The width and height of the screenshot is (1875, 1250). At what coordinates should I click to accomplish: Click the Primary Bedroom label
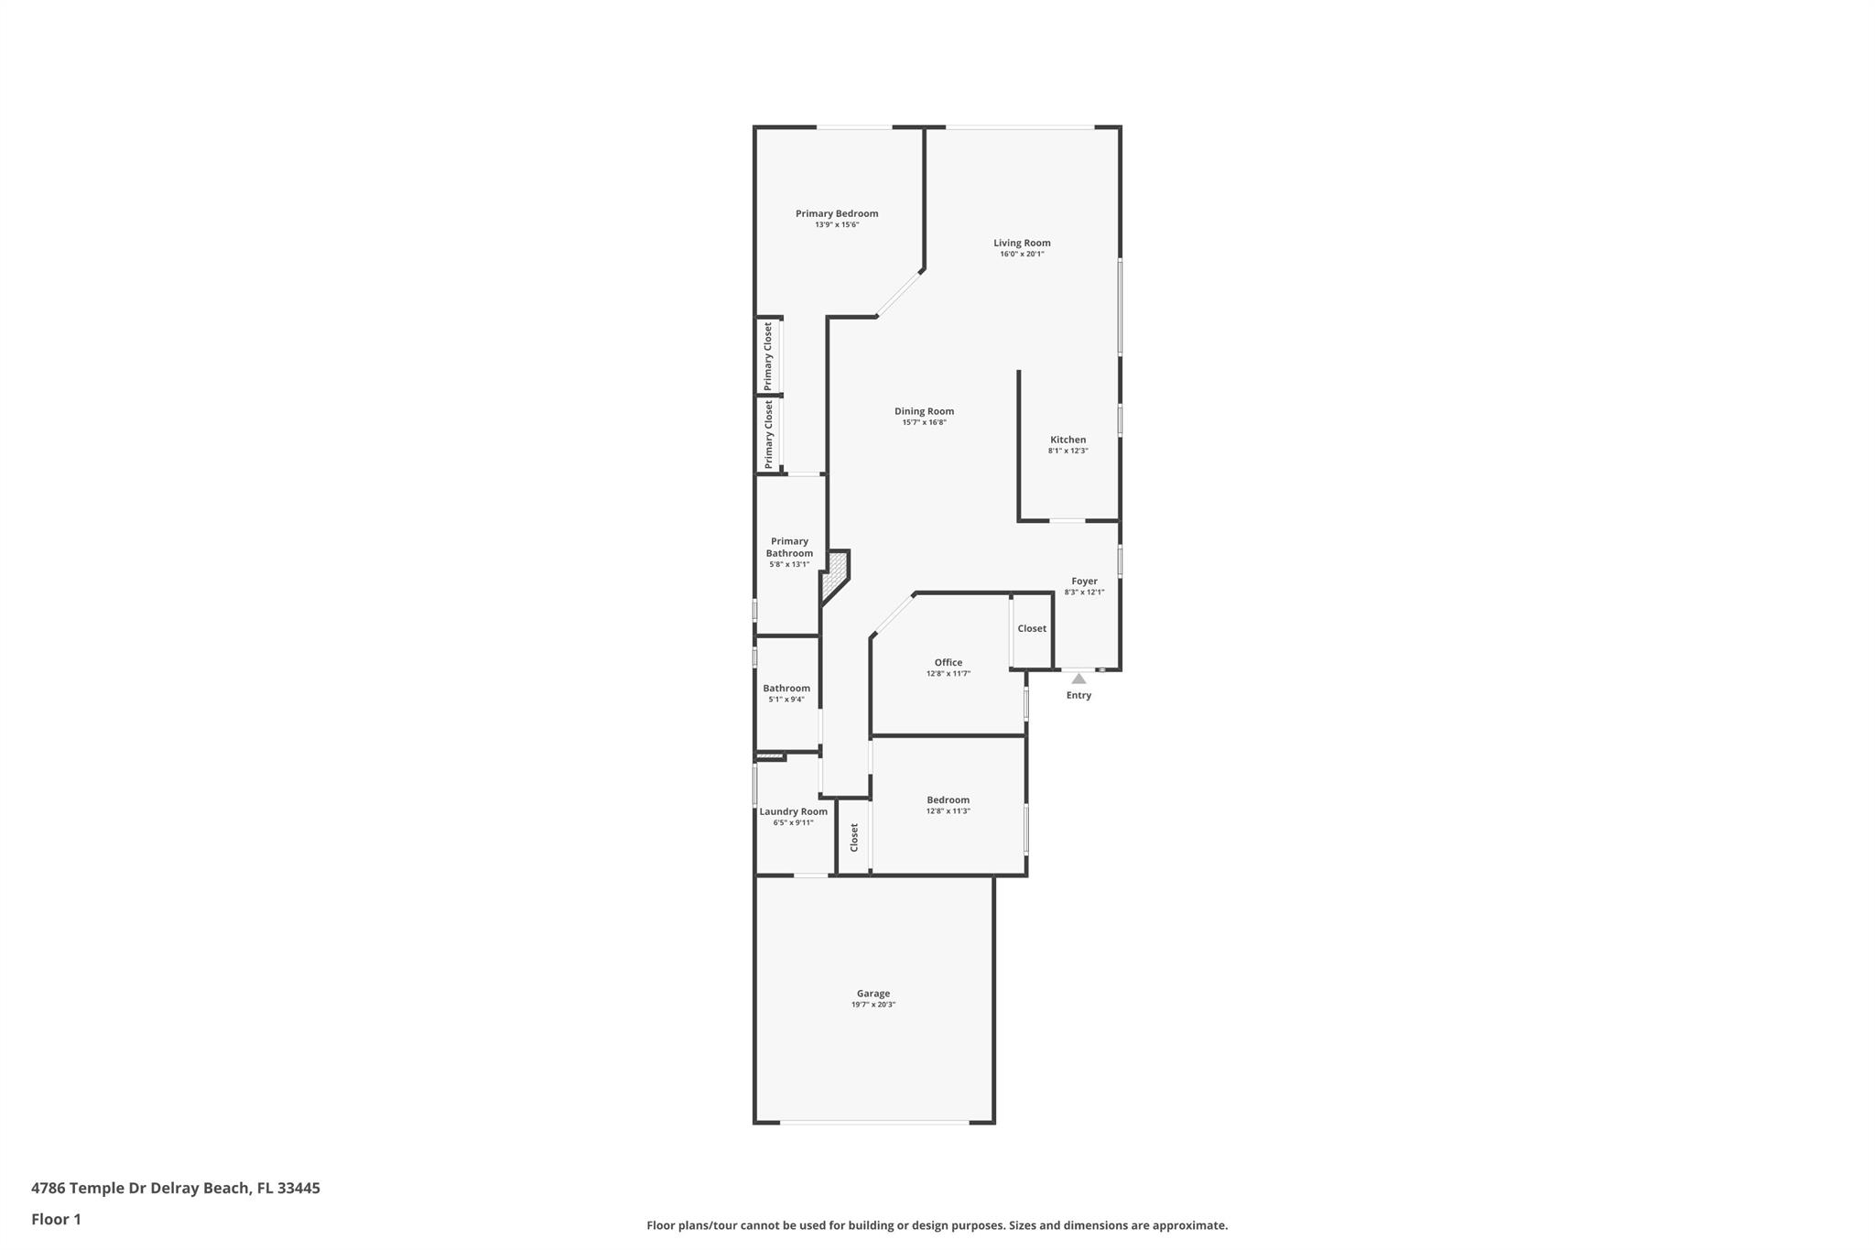(x=837, y=213)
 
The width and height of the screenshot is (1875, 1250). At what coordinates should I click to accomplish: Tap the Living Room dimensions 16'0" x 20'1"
(x=1022, y=255)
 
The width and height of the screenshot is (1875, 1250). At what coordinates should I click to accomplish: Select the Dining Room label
(x=924, y=411)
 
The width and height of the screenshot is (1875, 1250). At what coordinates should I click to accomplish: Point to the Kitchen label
(x=1068, y=440)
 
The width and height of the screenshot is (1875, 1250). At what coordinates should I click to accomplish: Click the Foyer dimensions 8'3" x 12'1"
(x=1084, y=592)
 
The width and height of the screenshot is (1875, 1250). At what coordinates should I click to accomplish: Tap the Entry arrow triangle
(x=1078, y=679)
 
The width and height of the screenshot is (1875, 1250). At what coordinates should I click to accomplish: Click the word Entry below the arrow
(x=1078, y=695)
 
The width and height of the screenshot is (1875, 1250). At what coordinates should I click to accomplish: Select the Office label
(x=948, y=662)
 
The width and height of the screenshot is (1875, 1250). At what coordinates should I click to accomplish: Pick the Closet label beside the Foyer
(x=1032, y=628)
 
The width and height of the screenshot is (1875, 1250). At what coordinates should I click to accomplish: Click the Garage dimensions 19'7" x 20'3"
(x=873, y=1005)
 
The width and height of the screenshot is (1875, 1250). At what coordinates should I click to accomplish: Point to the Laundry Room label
(x=793, y=811)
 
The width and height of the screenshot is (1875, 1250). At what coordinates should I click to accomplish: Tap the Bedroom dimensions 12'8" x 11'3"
(x=948, y=811)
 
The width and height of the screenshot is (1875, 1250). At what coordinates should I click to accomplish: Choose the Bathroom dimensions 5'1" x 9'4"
(x=786, y=700)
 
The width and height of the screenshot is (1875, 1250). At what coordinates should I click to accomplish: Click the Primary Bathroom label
(x=789, y=547)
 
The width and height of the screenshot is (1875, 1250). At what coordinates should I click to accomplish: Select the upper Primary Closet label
(x=768, y=356)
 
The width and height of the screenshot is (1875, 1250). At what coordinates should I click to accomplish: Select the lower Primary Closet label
(x=768, y=434)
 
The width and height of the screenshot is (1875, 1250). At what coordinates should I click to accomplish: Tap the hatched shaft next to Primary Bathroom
(x=836, y=573)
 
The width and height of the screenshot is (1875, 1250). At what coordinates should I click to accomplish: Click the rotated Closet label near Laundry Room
(x=854, y=837)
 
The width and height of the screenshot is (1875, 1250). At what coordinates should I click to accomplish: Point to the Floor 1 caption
(x=57, y=1219)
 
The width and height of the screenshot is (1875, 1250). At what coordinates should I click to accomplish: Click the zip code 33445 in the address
(x=298, y=1188)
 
